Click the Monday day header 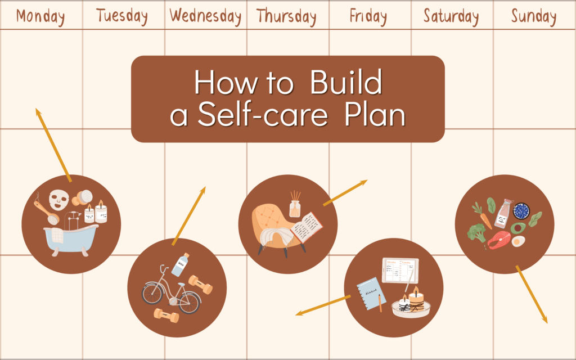click(x=40, y=16)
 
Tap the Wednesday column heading click(x=205, y=16)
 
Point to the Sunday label click(x=534, y=16)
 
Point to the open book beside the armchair click(x=307, y=227)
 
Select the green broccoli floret click(x=477, y=232)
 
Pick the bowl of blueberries click(x=521, y=210)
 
